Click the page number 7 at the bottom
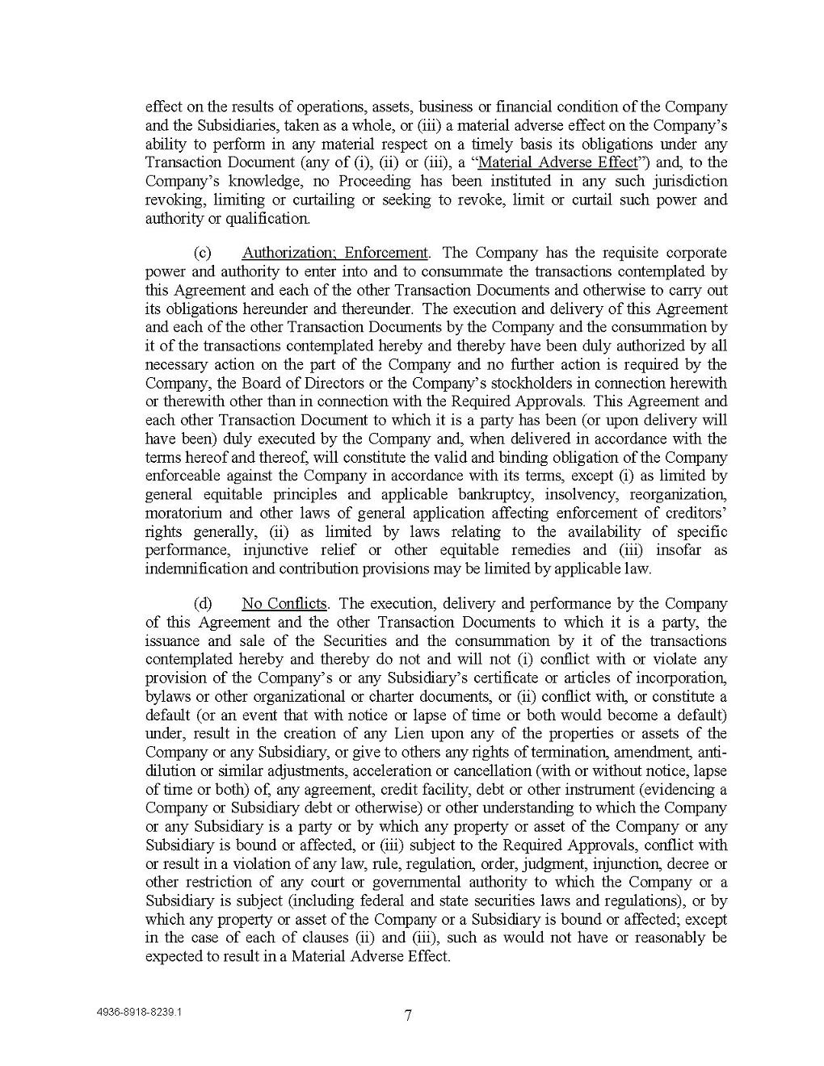click(409, 1016)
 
